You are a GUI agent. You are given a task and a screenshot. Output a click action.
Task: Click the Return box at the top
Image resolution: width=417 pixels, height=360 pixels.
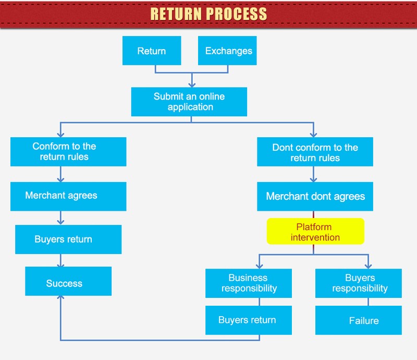[x=152, y=51]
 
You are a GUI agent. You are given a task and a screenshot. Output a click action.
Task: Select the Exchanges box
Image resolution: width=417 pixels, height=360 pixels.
[x=228, y=51]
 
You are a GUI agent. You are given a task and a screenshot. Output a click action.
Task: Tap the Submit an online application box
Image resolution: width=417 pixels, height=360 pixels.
[x=189, y=102]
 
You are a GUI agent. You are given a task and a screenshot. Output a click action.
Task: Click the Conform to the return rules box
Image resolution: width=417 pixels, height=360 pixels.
[x=68, y=152]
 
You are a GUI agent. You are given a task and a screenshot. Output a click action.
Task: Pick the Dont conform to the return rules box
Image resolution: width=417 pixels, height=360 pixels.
[x=315, y=153]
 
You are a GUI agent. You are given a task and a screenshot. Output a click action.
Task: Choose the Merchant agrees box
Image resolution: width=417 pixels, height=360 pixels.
[x=68, y=196]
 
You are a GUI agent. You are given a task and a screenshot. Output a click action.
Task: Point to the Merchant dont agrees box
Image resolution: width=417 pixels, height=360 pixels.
[x=315, y=197]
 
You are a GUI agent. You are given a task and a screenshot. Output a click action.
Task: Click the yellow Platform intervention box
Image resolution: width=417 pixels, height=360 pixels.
[x=315, y=232]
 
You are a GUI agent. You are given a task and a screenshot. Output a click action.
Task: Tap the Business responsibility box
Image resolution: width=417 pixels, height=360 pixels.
[x=248, y=283]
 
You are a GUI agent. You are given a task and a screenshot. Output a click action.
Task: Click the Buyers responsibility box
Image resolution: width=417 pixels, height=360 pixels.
[x=359, y=283]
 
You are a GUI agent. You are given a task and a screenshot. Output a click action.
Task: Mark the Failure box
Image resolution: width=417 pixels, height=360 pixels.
[x=359, y=320]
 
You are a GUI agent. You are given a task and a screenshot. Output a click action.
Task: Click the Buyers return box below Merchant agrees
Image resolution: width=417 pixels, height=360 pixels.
[x=68, y=239]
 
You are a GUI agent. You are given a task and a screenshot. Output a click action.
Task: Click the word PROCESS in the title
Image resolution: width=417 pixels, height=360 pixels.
[x=238, y=14]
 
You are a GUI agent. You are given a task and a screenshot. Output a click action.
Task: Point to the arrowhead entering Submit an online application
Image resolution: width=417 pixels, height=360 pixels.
[x=192, y=83]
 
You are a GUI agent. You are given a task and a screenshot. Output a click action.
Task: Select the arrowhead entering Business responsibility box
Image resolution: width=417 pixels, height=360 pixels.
[x=259, y=265]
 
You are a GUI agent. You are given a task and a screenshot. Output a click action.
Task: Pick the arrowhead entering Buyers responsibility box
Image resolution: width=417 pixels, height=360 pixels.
[x=368, y=265]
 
